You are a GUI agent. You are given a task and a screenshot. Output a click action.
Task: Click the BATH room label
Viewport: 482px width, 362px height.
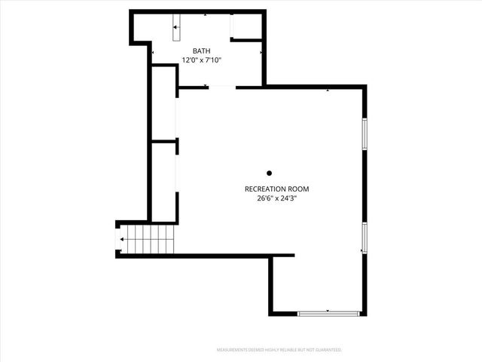coord(202,51)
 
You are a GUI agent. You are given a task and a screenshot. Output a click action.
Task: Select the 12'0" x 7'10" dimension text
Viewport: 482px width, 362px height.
coord(202,60)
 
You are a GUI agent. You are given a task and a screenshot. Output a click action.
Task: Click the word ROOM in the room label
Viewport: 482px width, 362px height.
coord(298,189)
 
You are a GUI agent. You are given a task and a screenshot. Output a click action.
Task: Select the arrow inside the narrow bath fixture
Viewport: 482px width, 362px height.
coord(177,28)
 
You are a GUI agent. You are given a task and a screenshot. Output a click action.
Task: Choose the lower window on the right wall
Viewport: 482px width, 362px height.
coord(365,238)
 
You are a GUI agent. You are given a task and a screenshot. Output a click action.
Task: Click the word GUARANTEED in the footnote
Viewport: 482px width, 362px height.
coord(327,350)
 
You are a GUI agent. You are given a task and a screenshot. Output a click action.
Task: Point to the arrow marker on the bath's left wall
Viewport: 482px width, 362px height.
coord(153,53)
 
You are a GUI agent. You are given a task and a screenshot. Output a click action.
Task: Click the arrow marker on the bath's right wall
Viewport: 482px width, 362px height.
coord(261,53)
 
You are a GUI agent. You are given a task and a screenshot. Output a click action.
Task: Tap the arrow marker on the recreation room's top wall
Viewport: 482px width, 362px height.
coord(328,90)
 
